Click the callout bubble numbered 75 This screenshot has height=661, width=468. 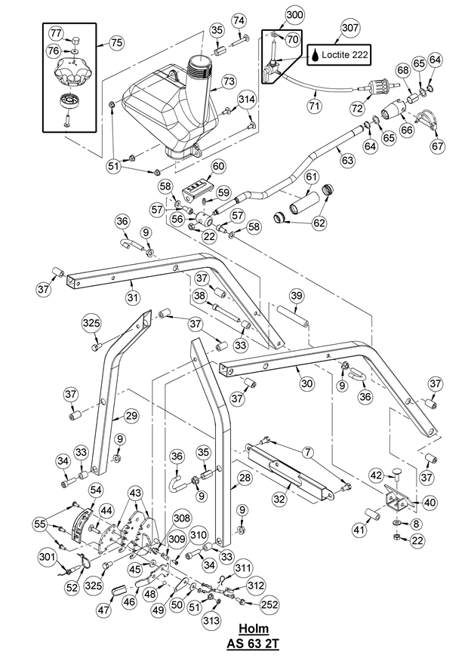[115, 43]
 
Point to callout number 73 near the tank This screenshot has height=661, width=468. [229, 81]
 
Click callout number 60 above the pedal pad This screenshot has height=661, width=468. [218, 166]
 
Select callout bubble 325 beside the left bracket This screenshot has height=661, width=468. [91, 324]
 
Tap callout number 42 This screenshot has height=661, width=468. [375, 475]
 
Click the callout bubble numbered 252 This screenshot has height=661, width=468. [269, 604]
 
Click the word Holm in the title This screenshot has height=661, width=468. [254, 629]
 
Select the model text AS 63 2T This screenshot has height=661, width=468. [254, 644]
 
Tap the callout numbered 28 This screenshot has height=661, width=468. [244, 478]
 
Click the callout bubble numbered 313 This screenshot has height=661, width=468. [211, 621]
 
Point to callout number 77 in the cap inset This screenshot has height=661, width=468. [57, 32]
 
